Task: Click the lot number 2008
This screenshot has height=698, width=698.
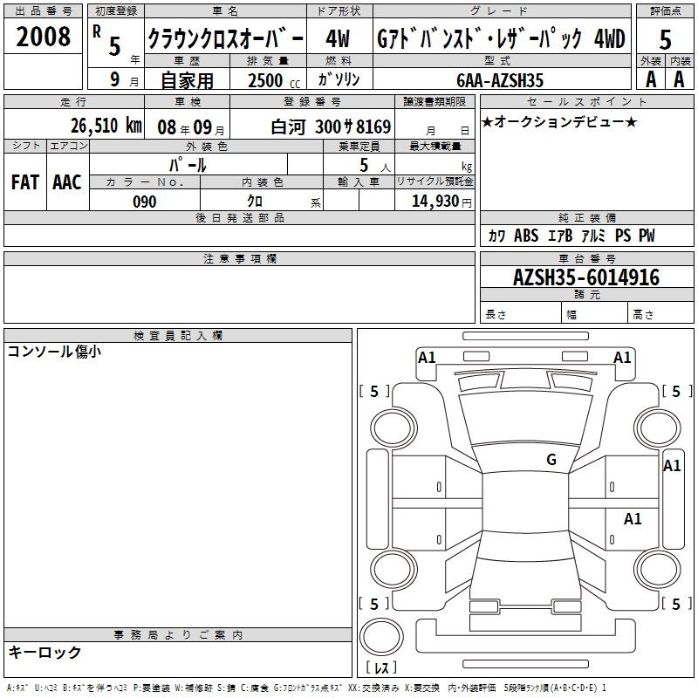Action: pyautogui.click(x=43, y=37)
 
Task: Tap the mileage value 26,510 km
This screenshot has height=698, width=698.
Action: pyautogui.click(x=106, y=126)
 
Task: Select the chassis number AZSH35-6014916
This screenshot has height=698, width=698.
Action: pyautogui.click(x=586, y=277)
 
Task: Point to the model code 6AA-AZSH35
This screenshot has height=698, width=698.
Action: pyautogui.click(x=500, y=80)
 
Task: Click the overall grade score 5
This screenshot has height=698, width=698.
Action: pyautogui.click(x=665, y=40)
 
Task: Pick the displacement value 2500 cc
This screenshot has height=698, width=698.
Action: pyautogui.click(x=274, y=80)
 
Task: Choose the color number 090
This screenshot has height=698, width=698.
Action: pyautogui.click(x=145, y=202)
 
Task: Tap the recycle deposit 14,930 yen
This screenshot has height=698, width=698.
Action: pyautogui.click(x=441, y=202)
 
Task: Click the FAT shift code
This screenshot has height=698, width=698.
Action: pyautogui.click(x=25, y=182)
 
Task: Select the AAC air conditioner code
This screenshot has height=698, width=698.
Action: pyautogui.click(x=67, y=182)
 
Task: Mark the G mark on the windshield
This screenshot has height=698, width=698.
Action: pyautogui.click(x=551, y=459)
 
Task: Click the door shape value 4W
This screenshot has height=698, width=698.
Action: pyautogui.click(x=338, y=38)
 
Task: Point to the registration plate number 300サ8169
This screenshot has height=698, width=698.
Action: pyautogui.click(x=353, y=127)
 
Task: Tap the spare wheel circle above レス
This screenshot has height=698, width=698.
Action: pyautogui.click(x=381, y=637)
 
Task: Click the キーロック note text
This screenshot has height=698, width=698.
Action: pyautogui.click(x=44, y=652)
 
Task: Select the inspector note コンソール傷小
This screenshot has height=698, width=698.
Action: pyautogui.click(x=54, y=352)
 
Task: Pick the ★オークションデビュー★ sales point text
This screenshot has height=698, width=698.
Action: pyautogui.click(x=559, y=121)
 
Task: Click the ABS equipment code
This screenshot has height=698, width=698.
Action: pyautogui.click(x=526, y=236)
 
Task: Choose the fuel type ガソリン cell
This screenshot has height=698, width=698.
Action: pyautogui.click(x=339, y=79)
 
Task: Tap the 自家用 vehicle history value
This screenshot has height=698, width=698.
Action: pyautogui.click(x=187, y=80)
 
